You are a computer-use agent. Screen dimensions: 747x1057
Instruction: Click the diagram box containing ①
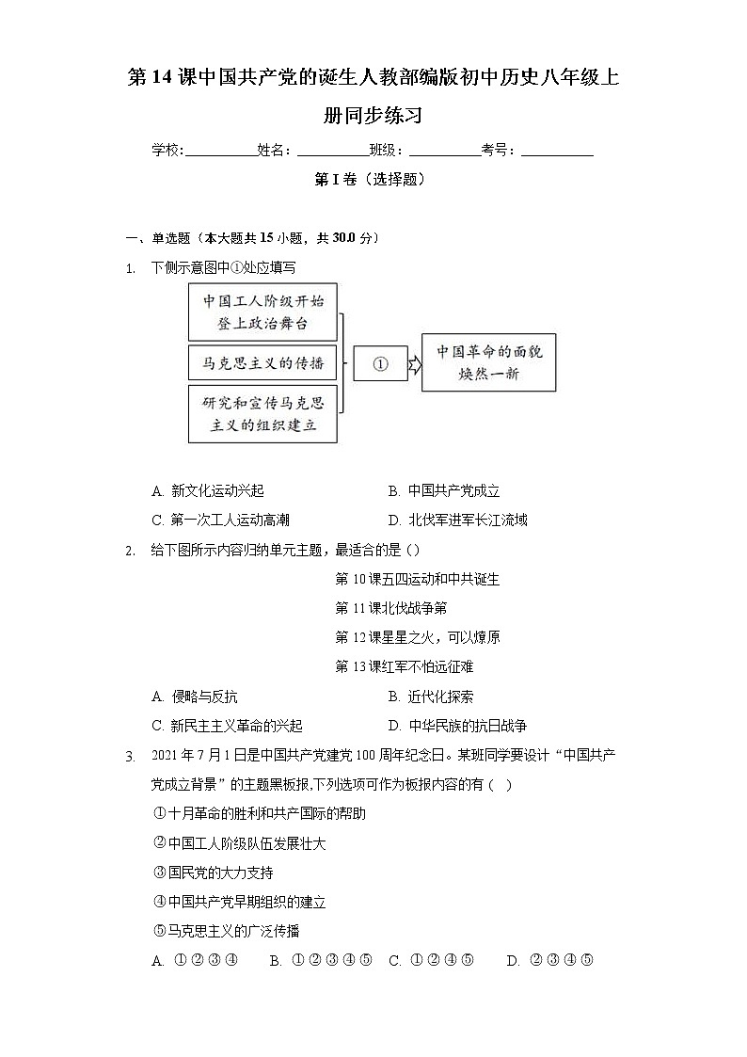[x=380, y=363]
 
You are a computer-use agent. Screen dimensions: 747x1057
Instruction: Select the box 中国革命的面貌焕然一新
[x=488, y=362]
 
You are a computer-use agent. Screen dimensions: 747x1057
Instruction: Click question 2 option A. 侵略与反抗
[x=194, y=697]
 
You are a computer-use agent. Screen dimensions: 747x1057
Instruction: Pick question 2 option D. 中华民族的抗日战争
[x=457, y=726]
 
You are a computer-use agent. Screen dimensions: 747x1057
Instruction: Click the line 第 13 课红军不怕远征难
[x=405, y=666]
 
